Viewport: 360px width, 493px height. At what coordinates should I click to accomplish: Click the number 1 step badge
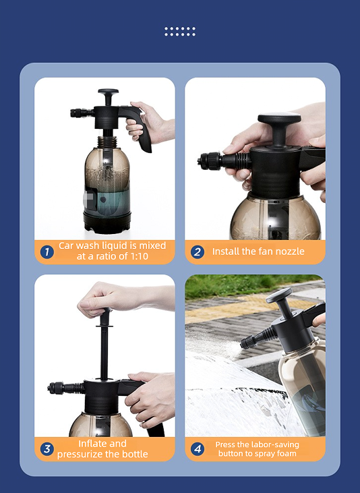pos(47,252)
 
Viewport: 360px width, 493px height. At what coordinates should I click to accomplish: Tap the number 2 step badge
pos(198,252)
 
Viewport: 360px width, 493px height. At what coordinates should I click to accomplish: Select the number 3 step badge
pos(47,449)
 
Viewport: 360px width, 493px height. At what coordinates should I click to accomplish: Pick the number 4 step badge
pos(198,449)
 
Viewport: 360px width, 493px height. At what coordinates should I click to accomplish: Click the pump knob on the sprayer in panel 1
pos(109,92)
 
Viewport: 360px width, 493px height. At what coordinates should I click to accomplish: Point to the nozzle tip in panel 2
pos(202,162)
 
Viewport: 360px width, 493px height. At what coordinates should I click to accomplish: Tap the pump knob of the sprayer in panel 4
pos(278,295)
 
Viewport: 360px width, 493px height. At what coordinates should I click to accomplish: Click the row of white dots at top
pos(180,32)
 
